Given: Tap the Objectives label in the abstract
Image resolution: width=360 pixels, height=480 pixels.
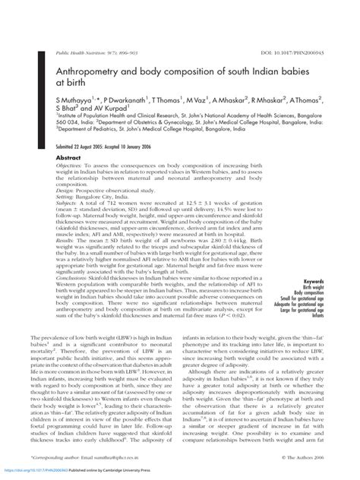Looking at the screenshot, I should tap(70, 166).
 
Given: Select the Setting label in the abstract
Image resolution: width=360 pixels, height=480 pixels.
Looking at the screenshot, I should tap(66, 195).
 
